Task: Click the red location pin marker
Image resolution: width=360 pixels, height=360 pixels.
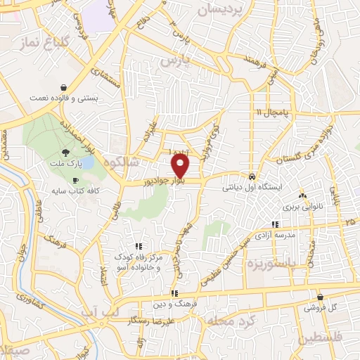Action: (181, 166)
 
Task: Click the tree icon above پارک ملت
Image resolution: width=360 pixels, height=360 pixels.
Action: (65, 152)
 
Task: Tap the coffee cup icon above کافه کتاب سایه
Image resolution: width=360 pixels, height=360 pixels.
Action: (76, 181)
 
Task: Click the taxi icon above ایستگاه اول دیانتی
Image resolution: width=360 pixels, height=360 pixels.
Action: (252, 176)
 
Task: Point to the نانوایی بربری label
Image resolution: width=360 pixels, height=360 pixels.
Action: (302, 208)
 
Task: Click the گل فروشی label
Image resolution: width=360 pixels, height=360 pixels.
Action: (321, 308)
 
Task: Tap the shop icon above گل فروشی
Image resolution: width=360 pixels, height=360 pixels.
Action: (321, 297)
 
